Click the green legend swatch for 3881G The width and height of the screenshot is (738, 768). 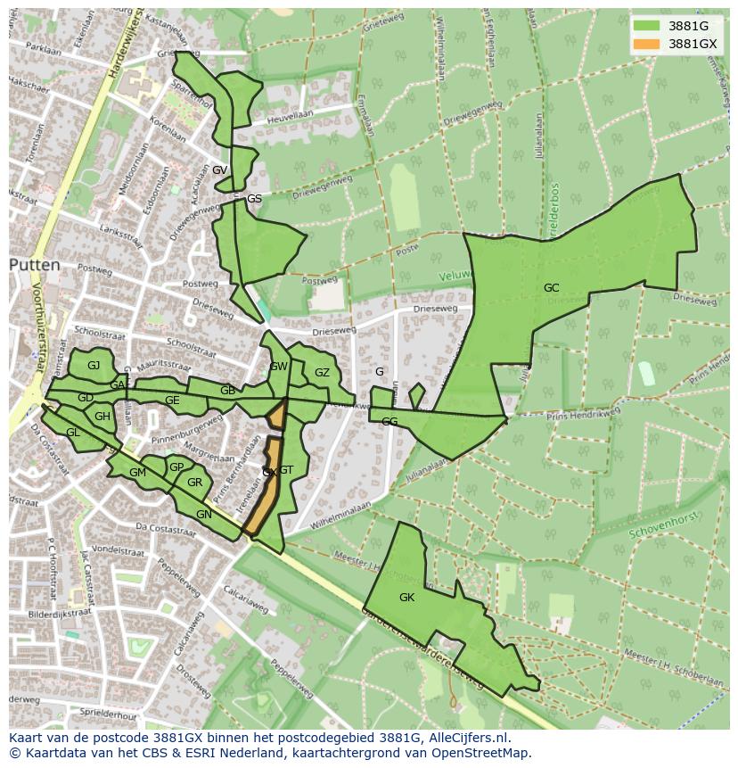tap(646, 26)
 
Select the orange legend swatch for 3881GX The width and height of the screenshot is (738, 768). tap(646, 44)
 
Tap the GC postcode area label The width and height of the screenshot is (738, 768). tap(552, 287)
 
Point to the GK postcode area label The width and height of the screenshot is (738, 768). tap(406, 597)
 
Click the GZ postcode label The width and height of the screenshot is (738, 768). tap(322, 373)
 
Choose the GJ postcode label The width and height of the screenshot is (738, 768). tap(94, 365)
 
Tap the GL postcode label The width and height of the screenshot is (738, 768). tap(73, 433)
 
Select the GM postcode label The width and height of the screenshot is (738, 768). tap(137, 473)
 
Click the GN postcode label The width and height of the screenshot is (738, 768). tap(204, 515)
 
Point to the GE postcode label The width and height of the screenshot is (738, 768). tap(172, 401)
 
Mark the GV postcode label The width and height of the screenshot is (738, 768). tap(219, 169)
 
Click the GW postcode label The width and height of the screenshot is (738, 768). tap(278, 366)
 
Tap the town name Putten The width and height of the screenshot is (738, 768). tap(35, 265)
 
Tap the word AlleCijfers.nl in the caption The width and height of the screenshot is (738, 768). tap(466, 738)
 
